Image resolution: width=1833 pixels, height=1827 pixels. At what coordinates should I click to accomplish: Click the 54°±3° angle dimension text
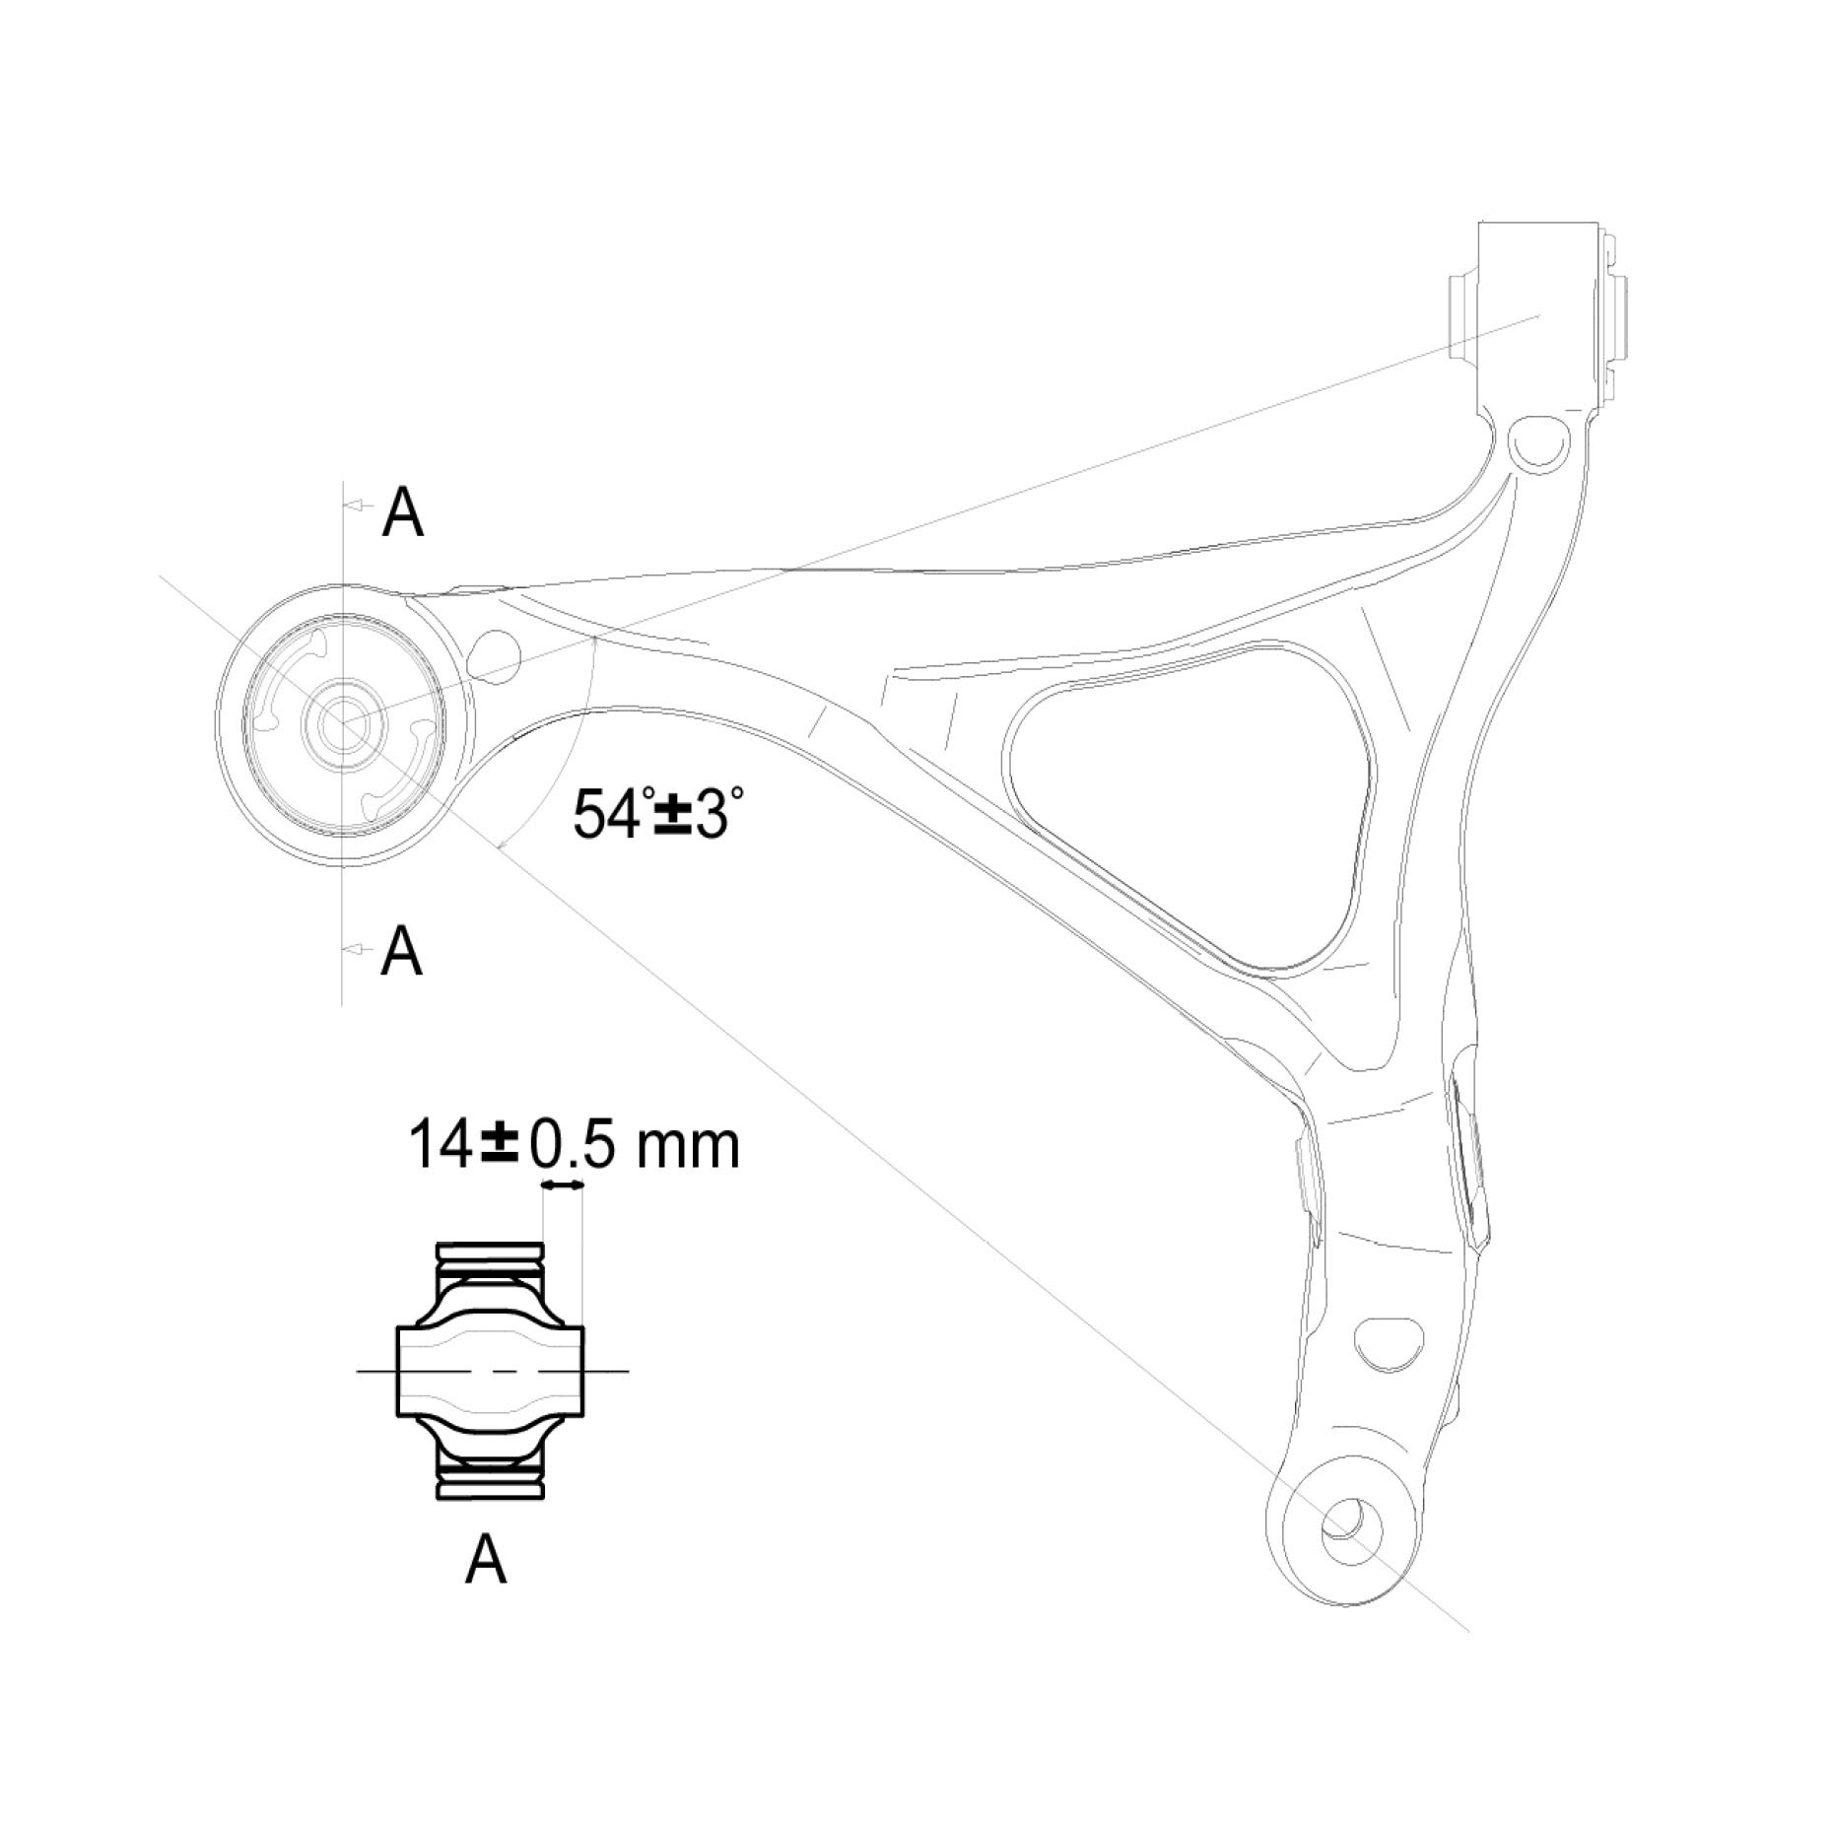657,813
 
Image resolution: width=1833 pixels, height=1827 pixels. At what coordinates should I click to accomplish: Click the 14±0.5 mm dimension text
574,1144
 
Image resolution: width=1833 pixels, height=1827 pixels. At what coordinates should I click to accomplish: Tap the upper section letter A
403,512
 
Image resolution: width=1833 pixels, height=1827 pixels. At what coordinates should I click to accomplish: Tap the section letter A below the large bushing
401,950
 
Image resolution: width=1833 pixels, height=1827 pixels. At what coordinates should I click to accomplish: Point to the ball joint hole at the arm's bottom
1351,1527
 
